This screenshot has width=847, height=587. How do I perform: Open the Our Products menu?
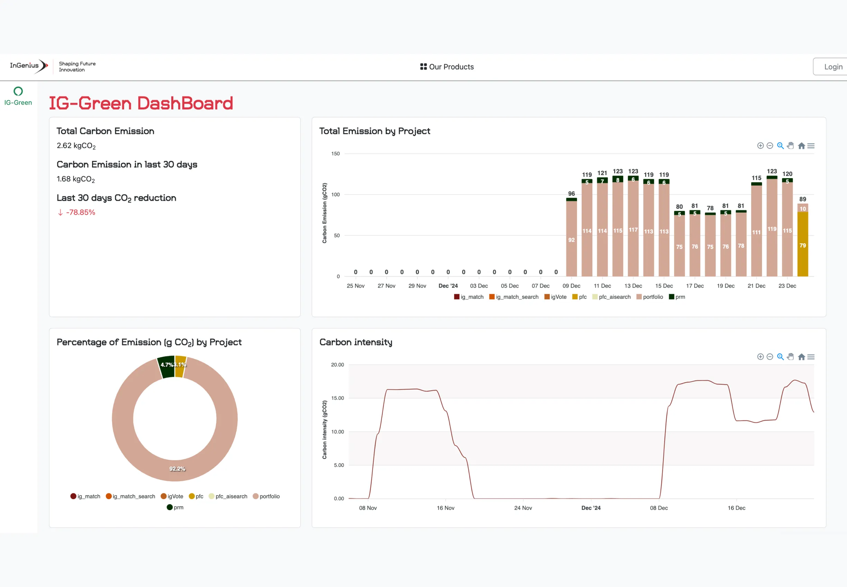pyautogui.click(x=447, y=66)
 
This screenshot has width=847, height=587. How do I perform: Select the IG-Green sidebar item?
pyautogui.click(x=18, y=96)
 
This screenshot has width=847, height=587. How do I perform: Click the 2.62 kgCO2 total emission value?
pyautogui.click(x=76, y=146)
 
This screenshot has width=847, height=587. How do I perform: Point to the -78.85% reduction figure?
pyautogui.click(x=80, y=212)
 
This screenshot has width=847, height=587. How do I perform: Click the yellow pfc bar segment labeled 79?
pyautogui.click(x=802, y=245)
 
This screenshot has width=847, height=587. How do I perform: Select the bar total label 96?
pyautogui.click(x=571, y=193)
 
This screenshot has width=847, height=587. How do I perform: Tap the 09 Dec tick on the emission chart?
pyautogui.click(x=571, y=286)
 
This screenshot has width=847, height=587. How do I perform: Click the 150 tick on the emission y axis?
pyautogui.click(x=335, y=154)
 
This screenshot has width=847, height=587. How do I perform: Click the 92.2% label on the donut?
pyautogui.click(x=177, y=469)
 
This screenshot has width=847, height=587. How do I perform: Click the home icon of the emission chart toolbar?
pyautogui.click(x=801, y=146)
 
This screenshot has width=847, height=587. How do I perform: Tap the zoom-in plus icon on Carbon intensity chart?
pyautogui.click(x=760, y=357)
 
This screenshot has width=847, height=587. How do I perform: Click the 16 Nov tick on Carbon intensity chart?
pyautogui.click(x=445, y=508)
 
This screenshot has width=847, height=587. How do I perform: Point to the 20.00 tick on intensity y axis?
pyautogui.click(x=337, y=365)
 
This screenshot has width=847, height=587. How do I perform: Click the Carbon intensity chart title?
pyautogui.click(x=355, y=342)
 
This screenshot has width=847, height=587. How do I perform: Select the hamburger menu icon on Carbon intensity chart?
pyautogui.click(x=811, y=357)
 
